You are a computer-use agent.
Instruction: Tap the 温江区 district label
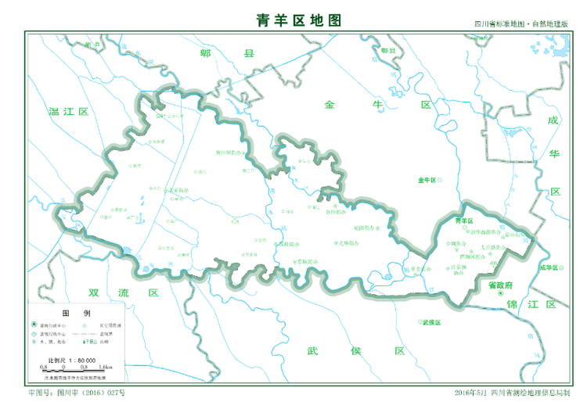69,112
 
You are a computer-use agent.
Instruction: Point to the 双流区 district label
124,292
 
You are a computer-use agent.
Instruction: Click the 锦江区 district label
531,303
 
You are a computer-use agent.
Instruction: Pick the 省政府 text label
499,285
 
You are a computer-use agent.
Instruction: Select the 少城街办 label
456,243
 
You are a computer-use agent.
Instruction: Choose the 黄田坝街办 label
230,152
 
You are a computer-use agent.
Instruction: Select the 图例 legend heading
72,311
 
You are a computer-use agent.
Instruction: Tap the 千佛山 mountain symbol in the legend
88,342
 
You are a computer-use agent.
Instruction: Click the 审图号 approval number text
75,392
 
